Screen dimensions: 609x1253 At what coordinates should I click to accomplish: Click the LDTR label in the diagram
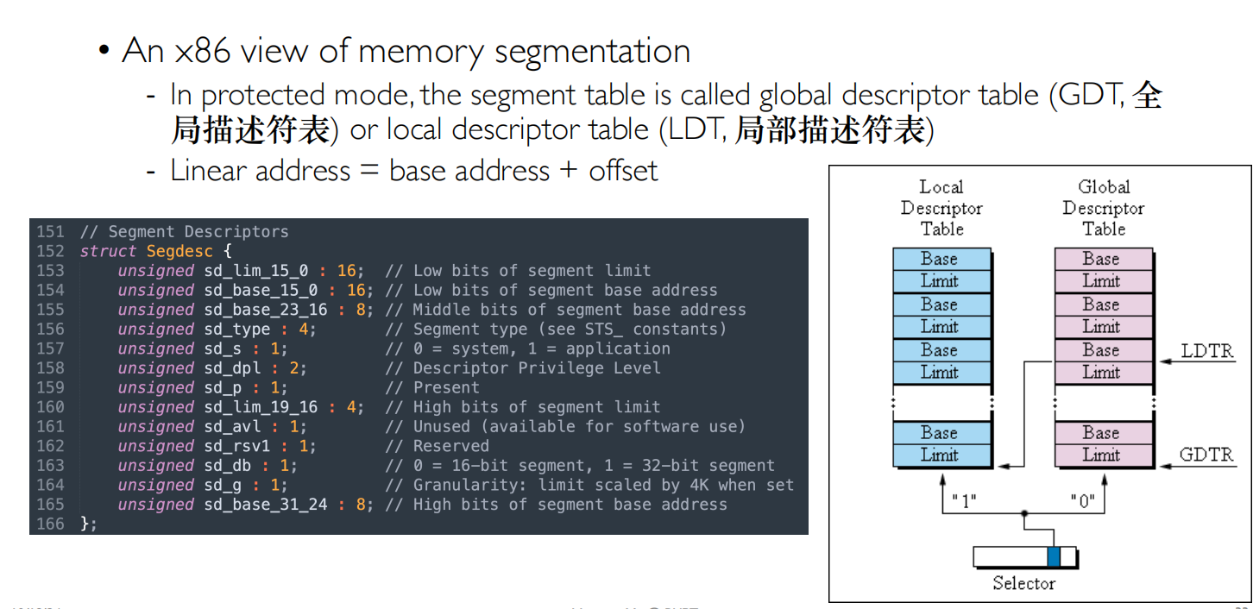pos(1206,352)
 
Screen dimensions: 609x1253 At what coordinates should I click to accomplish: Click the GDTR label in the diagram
pos(1206,455)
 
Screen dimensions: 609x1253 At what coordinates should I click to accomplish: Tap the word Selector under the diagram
pos(1023,583)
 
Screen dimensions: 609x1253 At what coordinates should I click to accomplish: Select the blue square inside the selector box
pos(1053,557)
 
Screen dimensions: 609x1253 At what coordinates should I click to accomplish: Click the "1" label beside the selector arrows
pos(963,500)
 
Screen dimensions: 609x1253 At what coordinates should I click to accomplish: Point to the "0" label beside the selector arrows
pos(1084,500)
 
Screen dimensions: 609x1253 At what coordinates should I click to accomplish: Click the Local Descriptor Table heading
pos(941,208)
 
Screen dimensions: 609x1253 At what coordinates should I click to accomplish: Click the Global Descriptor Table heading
pos(1104,208)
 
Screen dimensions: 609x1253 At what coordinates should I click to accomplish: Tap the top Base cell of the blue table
pos(941,259)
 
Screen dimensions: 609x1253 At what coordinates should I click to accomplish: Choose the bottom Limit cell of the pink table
pos(1104,455)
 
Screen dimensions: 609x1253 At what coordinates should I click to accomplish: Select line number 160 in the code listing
pos(50,407)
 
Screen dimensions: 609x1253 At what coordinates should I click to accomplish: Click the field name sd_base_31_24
pos(266,505)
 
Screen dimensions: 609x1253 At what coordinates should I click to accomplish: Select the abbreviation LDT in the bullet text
pos(696,130)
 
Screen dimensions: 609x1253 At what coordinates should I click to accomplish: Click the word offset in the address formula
pos(623,171)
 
